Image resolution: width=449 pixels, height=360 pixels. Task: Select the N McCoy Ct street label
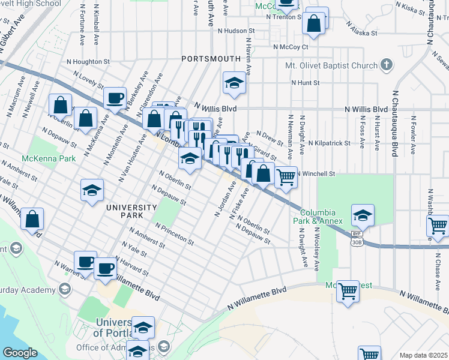pyautogui.click(x=291, y=46)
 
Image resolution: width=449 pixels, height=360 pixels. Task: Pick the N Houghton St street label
pyautogui.click(x=88, y=61)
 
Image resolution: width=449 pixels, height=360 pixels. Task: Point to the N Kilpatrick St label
pyautogui.click(x=329, y=143)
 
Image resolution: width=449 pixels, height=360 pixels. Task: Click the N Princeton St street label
pyautogui.click(x=174, y=234)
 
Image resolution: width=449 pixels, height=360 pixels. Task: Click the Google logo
pyautogui.click(x=20, y=352)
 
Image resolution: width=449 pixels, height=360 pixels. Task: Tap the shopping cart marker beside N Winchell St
pyautogui.click(x=286, y=177)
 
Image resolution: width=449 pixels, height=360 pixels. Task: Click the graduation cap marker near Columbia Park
pyautogui.click(x=363, y=214)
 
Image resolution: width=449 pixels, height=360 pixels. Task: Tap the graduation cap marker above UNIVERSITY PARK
pyautogui.click(x=91, y=191)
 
